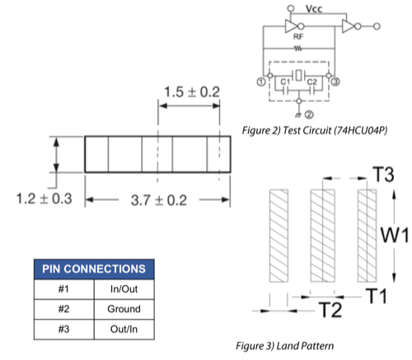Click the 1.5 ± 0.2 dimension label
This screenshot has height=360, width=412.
pos(192,91)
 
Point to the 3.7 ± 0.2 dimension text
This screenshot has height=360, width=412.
pos(159,200)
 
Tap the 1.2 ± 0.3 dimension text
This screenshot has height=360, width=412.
pos(44,199)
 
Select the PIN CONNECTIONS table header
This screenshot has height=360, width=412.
pos(94,269)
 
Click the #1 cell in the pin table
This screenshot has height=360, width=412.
pos(63,289)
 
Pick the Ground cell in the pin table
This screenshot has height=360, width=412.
pos(124,309)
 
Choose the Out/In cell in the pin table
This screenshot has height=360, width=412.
pos(124,329)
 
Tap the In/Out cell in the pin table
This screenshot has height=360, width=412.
pos(124,289)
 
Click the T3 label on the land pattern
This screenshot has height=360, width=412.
pos(383,175)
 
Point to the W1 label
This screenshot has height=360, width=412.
pos(395,236)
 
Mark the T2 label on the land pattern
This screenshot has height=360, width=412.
pos(331,310)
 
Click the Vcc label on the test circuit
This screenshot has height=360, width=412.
pos(314,9)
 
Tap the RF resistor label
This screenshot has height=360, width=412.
pos(298,36)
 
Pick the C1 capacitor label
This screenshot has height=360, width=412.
pos(285,82)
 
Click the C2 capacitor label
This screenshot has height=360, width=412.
pos(311,82)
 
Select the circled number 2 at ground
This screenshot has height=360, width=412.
pos(309,115)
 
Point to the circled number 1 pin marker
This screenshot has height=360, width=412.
pos(261,82)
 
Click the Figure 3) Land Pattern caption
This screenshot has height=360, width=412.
pos(285,346)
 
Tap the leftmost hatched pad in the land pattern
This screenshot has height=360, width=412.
pos(279,236)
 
